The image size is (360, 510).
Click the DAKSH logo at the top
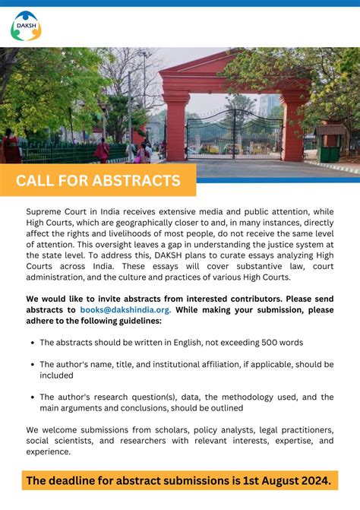(x=26, y=26)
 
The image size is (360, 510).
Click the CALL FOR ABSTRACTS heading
(x=98, y=181)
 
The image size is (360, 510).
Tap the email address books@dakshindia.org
(x=120, y=310)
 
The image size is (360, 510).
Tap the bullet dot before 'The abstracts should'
(x=30, y=343)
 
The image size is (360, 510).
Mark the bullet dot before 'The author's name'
(x=30, y=365)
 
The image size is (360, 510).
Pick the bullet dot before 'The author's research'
(x=30, y=398)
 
